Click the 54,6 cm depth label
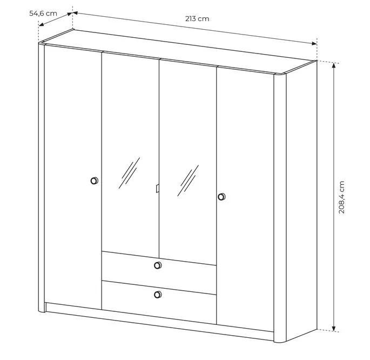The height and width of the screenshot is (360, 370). pyautogui.click(x=43, y=13)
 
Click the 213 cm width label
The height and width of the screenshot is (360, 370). pyautogui.click(x=197, y=19)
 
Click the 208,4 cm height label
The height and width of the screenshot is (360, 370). pyautogui.click(x=341, y=197)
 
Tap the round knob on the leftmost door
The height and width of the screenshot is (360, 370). pyautogui.click(x=95, y=181)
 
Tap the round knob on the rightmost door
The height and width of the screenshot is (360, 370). pyautogui.click(x=221, y=196)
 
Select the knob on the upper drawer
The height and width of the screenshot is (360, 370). pyautogui.click(x=158, y=265)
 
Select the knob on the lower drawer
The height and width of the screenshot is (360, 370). pyautogui.click(x=158, y=295)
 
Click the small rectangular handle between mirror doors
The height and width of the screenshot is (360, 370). pyautogui.click(x=157, y=188)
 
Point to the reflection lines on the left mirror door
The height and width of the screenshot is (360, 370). pyautogui.click(x=129, y=173)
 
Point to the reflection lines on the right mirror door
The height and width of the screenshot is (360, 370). pyautogui.click(x=188, y=181)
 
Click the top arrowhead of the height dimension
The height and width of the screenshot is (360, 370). pyautogui.click(x=333, y=65)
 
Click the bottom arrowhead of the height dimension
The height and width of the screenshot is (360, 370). pyautogui.click(x=333, y=329)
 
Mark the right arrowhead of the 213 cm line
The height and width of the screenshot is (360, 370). pyautogui.click(x=314, y=43)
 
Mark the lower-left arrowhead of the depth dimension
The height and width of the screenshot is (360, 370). pyautogui.click(x=41, y=24)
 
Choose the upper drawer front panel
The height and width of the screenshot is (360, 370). pyautogui.click(x=159, y=266)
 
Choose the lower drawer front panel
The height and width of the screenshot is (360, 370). pyautogui.click(x=159, y=302)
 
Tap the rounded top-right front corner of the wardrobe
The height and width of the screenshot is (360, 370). pyautogui.click(x=280, y=75)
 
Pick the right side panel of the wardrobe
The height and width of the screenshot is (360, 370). pyautogui.click(x=301, y=201)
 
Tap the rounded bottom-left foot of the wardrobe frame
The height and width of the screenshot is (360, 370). pyautogui.click(x=42, y=310)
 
